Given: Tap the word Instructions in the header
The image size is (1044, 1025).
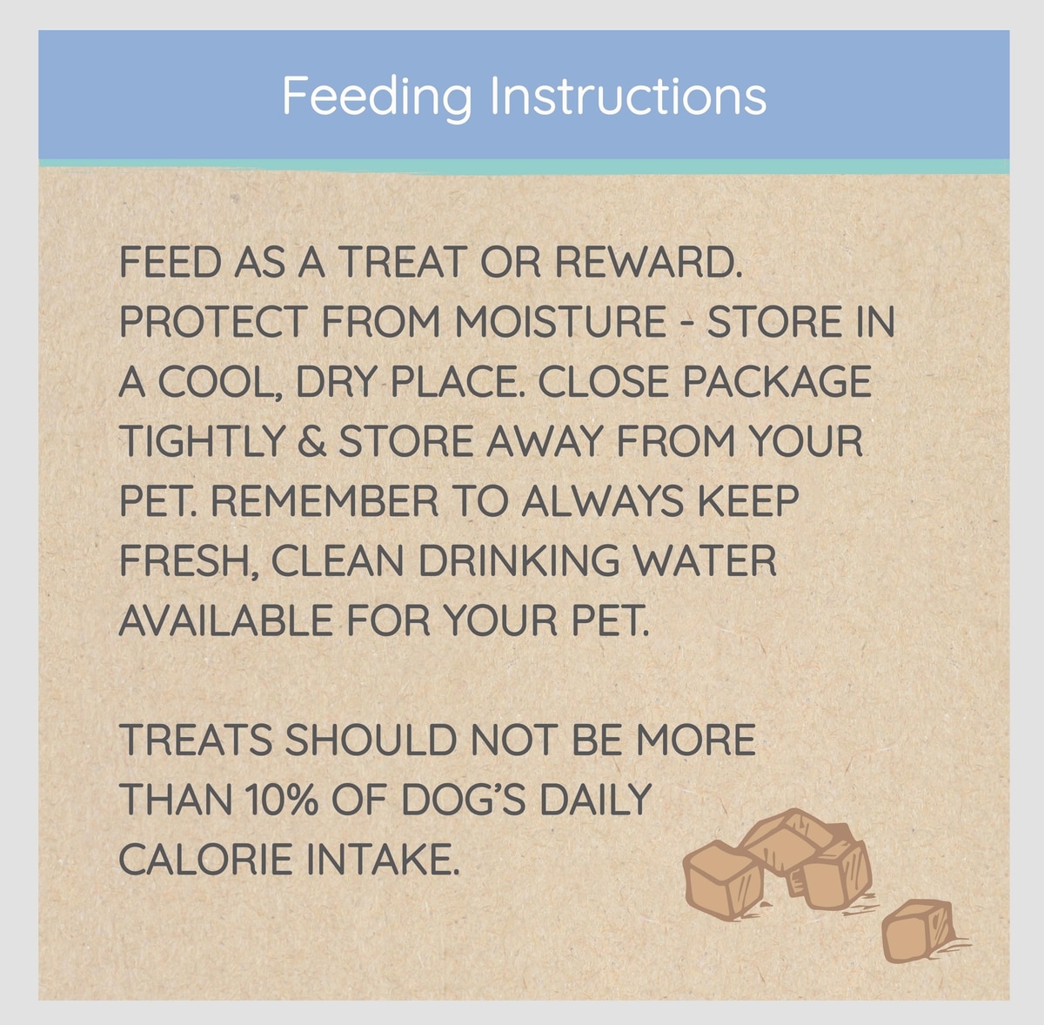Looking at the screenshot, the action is tap(628, 95).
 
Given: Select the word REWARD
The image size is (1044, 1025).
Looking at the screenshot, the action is tap(648, 263).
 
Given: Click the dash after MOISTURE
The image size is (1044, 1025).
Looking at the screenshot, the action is tap(686, 322).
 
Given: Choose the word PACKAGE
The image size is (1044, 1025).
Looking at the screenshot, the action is tap(777, 381).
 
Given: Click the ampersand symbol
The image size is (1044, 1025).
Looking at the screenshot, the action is tap(311, 440).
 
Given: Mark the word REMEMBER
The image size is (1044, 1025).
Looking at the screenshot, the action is tap(324, 500).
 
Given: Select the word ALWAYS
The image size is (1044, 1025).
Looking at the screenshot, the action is tap(602, 500).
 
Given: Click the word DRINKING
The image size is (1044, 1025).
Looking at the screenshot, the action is tap(519, 560).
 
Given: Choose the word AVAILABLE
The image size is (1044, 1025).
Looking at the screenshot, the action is tap(225, 620).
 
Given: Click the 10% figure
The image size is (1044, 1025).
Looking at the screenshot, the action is tap(281, 799).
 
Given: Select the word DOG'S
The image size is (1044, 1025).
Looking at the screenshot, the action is tap(464, 799).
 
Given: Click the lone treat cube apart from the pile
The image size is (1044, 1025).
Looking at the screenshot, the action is tap(919, 931).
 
